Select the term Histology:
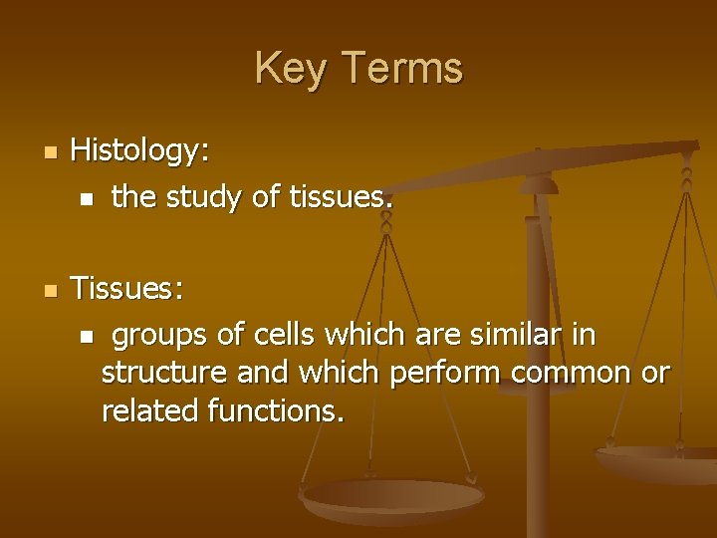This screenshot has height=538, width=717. pyautogui.click(x=140, y=151)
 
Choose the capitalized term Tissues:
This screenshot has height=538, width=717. pyautogui.click(x=127, y=289)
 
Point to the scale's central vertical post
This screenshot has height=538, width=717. pyautogui.click(x=539, y=329)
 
